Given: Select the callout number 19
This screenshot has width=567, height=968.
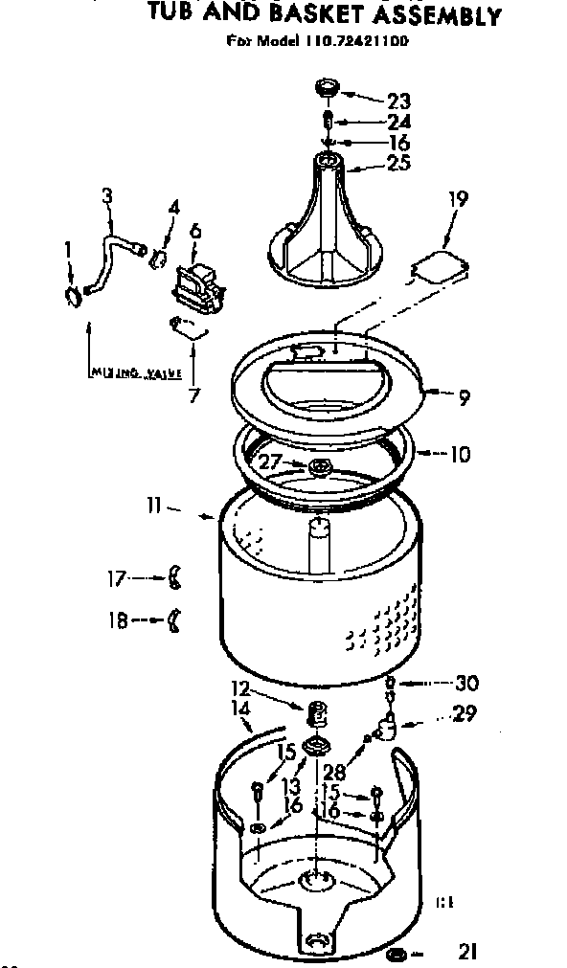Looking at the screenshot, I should click(459, 199).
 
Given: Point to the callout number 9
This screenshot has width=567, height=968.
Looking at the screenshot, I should click(464, 395).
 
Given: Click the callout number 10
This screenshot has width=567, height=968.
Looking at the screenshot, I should click(460, 453).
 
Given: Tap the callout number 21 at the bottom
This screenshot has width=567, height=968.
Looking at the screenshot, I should click(467, 951).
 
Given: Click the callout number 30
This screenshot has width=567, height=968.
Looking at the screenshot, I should click(467, 683).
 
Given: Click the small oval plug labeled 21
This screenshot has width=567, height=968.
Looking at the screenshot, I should click(398, 954).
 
